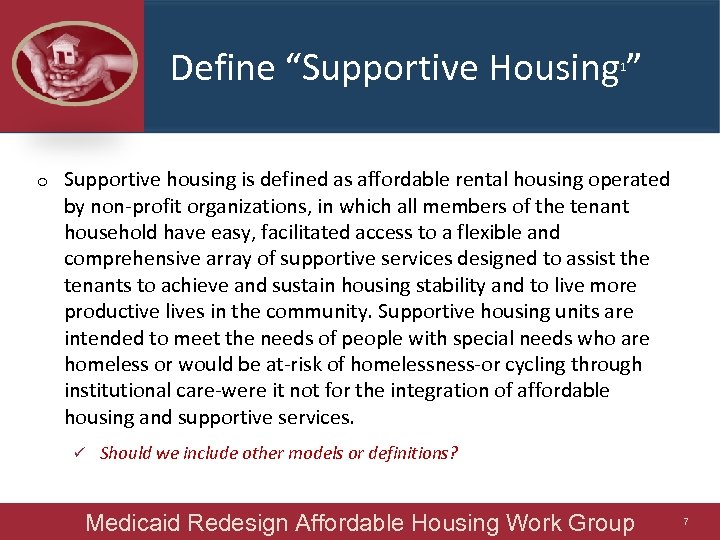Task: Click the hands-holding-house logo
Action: [72, 66]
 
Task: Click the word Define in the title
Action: [207, 68]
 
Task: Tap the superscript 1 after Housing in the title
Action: [623, 66]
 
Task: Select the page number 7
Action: [686, 522]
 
